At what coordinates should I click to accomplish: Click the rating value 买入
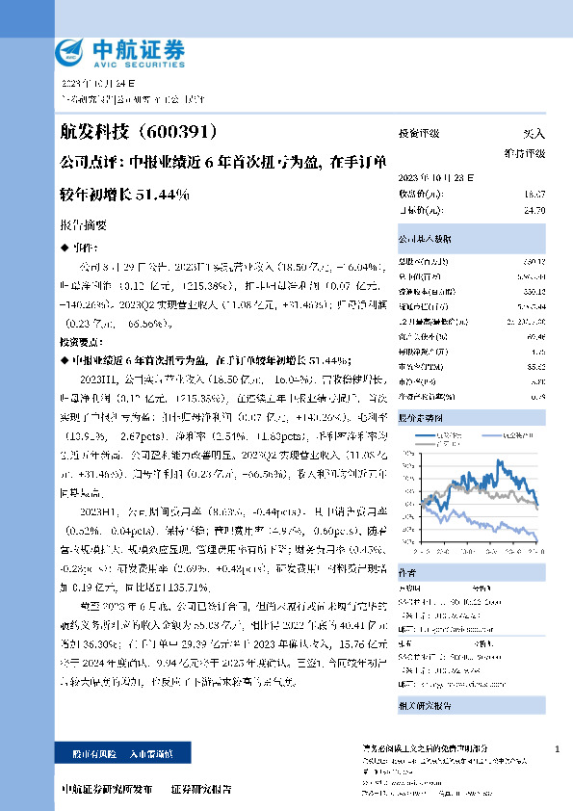[x=534, y=133]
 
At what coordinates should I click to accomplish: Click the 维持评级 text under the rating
[x=524, y=152]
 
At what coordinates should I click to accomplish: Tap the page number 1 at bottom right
[x=558, y=749]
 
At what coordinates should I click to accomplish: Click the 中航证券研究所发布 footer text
[x=106, y=789]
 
